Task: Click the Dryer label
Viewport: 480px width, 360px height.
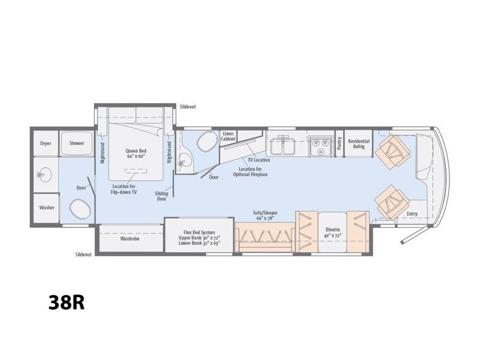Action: (46, 143)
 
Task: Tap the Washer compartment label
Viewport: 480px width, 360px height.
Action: (47, 208)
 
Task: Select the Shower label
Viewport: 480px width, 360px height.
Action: (77, 143)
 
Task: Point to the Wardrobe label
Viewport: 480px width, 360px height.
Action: (130, 238)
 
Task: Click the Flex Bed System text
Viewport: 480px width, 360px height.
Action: (199, 232)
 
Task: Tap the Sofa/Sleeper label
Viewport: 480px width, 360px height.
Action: (265, 213)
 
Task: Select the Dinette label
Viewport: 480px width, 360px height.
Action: (333, 229)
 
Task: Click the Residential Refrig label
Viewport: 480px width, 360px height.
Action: (359, 144)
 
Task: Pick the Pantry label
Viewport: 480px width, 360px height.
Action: (339, 143)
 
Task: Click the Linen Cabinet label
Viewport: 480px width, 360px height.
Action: (228, 136)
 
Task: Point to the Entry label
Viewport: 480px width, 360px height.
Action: (412, 214)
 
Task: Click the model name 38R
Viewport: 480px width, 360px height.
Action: (67, 302)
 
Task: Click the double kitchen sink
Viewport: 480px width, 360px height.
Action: (283, 145)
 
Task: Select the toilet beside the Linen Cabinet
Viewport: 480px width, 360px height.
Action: (206, 141)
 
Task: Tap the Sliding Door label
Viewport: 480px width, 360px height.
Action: (161, 196)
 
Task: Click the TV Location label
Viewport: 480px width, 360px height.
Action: (259, 160)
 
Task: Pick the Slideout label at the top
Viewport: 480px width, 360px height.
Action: (188, 107)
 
